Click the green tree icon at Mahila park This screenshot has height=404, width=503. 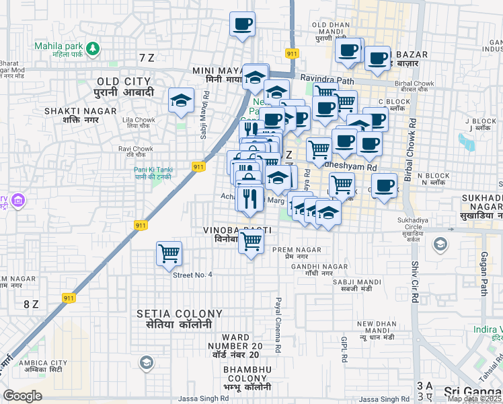point(93,48)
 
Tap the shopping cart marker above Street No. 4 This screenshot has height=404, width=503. point(169,255)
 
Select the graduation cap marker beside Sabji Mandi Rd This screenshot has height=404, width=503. point(180,101)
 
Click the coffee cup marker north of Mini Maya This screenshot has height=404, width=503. point(242,25)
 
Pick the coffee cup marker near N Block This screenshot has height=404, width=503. point(385,186)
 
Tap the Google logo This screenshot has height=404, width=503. point(23,395)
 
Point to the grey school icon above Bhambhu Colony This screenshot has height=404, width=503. point(146,364)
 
